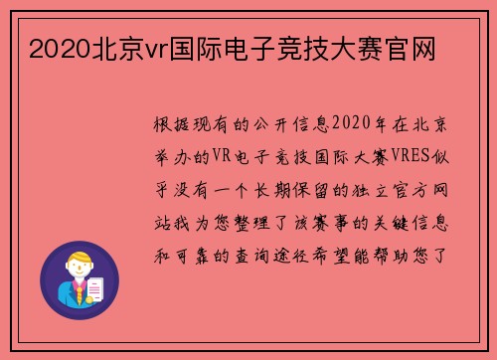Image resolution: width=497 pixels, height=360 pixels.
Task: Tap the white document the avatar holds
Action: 95,289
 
